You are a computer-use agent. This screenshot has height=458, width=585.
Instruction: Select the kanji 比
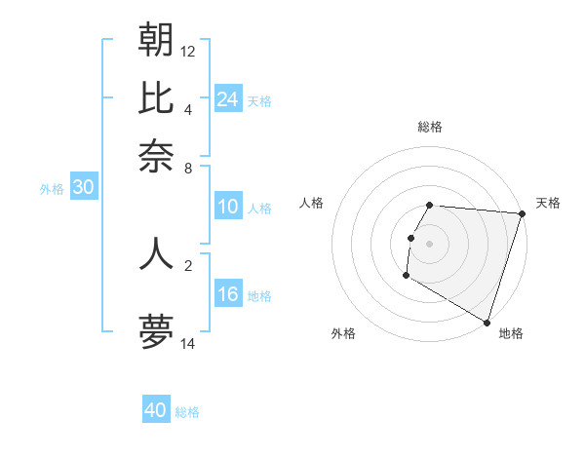[156, 97]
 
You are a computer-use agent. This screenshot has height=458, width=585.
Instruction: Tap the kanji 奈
[156, 155]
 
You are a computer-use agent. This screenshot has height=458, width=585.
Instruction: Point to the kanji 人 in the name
[156, 252]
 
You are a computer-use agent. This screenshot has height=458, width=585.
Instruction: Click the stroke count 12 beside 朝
[188, 51]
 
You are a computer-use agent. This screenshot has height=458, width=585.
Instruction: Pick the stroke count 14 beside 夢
[188, 343]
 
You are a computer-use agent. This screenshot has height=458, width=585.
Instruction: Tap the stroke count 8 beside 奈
[188, 168]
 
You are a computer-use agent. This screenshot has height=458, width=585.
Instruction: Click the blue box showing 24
[228, 98]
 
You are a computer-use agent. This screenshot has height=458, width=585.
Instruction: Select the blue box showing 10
[228, 207]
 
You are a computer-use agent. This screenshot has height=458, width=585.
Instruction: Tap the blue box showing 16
[228, 294]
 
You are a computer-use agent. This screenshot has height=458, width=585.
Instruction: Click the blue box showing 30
[83, 188]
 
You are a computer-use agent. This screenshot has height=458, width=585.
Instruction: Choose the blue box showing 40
[156, 410]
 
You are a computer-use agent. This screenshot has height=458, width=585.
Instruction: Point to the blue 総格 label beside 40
[187, 412]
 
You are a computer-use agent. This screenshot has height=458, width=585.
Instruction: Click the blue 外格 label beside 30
[51, 190]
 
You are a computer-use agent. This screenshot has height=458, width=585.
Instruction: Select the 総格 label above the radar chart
[429, 127]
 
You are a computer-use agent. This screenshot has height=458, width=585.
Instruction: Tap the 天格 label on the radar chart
[548, 203]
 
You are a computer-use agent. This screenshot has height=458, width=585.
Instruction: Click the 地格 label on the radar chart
[511, 333]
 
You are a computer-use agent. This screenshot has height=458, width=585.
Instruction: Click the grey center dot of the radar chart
[429, 243]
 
